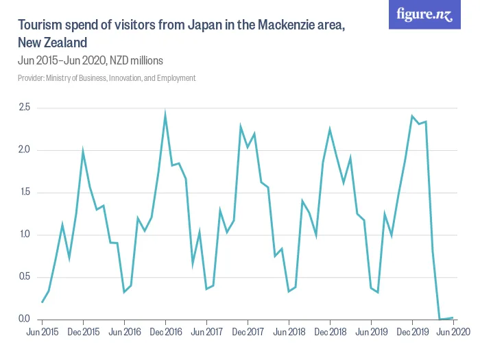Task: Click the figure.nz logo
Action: [425, 14]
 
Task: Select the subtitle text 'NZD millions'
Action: [136, 60]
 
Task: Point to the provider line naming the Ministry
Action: [106, 78]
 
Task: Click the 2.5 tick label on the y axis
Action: [24, 108]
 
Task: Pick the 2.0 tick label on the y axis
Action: [24, 150]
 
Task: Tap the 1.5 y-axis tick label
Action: [24, 193]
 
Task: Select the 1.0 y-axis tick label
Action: [24, 235]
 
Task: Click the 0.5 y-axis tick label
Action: [24, 277]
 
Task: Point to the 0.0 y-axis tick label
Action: [24, 319]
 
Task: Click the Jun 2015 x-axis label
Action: [42, 332]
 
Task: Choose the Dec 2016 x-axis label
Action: [165, 332]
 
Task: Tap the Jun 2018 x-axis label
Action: [289, 332]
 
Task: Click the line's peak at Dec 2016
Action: [165, 115]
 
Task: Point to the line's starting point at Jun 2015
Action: [42, 302]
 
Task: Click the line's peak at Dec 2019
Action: [412, 117]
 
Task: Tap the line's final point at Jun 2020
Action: [453, 317]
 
